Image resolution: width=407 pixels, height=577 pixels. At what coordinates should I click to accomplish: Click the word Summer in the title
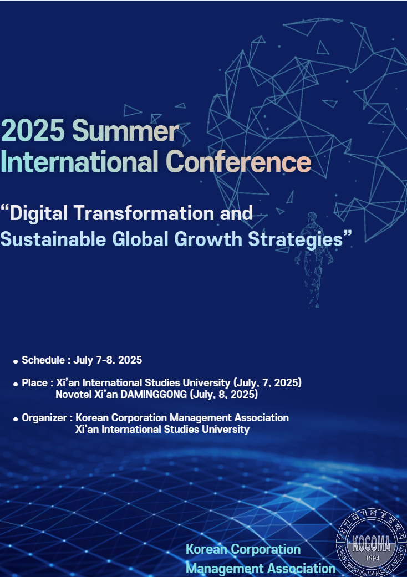click(125, 131)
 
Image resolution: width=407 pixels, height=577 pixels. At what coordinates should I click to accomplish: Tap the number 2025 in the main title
click(33, 131)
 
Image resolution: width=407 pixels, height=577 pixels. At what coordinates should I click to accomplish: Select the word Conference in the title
click(238, 161)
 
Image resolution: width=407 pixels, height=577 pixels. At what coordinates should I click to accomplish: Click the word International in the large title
click(80, 161)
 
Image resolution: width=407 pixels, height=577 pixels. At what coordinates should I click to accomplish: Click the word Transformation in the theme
click(144, 213)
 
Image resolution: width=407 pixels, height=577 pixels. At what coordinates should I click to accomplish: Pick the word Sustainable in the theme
click(53, 239)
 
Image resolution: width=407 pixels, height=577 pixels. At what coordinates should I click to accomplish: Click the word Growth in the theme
click(208, 239)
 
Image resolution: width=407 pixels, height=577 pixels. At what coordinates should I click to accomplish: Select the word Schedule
click(43, 360)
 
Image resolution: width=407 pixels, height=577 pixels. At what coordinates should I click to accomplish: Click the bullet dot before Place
click(16, 384)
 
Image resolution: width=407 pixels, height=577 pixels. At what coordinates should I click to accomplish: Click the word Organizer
click(44, 418)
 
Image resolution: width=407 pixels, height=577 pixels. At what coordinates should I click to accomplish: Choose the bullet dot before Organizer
click(16, 419)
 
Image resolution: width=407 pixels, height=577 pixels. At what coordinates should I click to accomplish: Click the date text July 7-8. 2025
click(108, 360)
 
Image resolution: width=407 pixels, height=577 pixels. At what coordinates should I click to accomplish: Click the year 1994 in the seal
click(373, 558)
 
